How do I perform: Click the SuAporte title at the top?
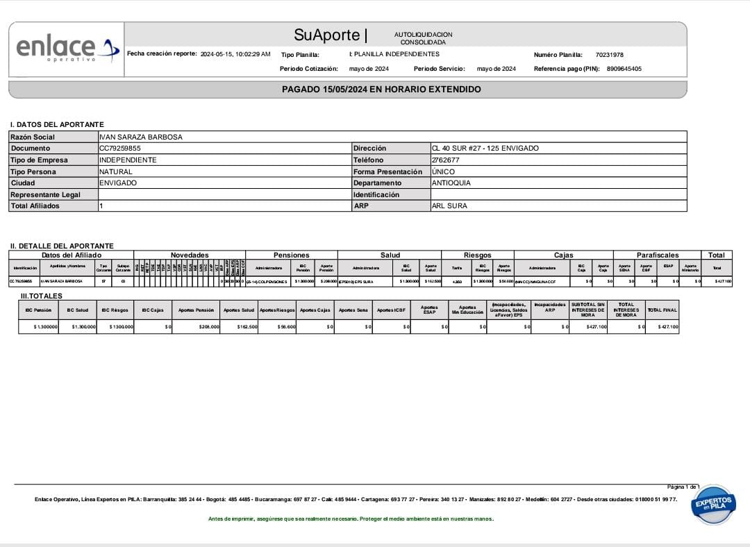tap(327, 35)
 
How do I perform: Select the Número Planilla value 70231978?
tap(609, 54)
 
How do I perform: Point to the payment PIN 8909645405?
tap(624, 69)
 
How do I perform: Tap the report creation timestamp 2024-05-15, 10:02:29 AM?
tap(235, 54)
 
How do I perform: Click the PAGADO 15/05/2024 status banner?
tap(381, 90)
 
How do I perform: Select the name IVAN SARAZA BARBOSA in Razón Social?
tap(141, 137)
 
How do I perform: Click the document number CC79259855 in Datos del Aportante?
tap(120, 149)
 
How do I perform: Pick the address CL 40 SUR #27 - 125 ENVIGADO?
tap(485, 149)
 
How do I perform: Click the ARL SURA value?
tap(449, 206)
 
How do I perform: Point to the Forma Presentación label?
tap(387, 171)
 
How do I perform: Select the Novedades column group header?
tap(189, 255)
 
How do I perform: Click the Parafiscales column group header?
tap(657, 255)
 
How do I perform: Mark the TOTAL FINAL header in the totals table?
tap(661, 310)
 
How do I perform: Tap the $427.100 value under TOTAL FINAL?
tap(667, 326)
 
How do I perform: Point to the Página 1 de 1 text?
tap(683, 487)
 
